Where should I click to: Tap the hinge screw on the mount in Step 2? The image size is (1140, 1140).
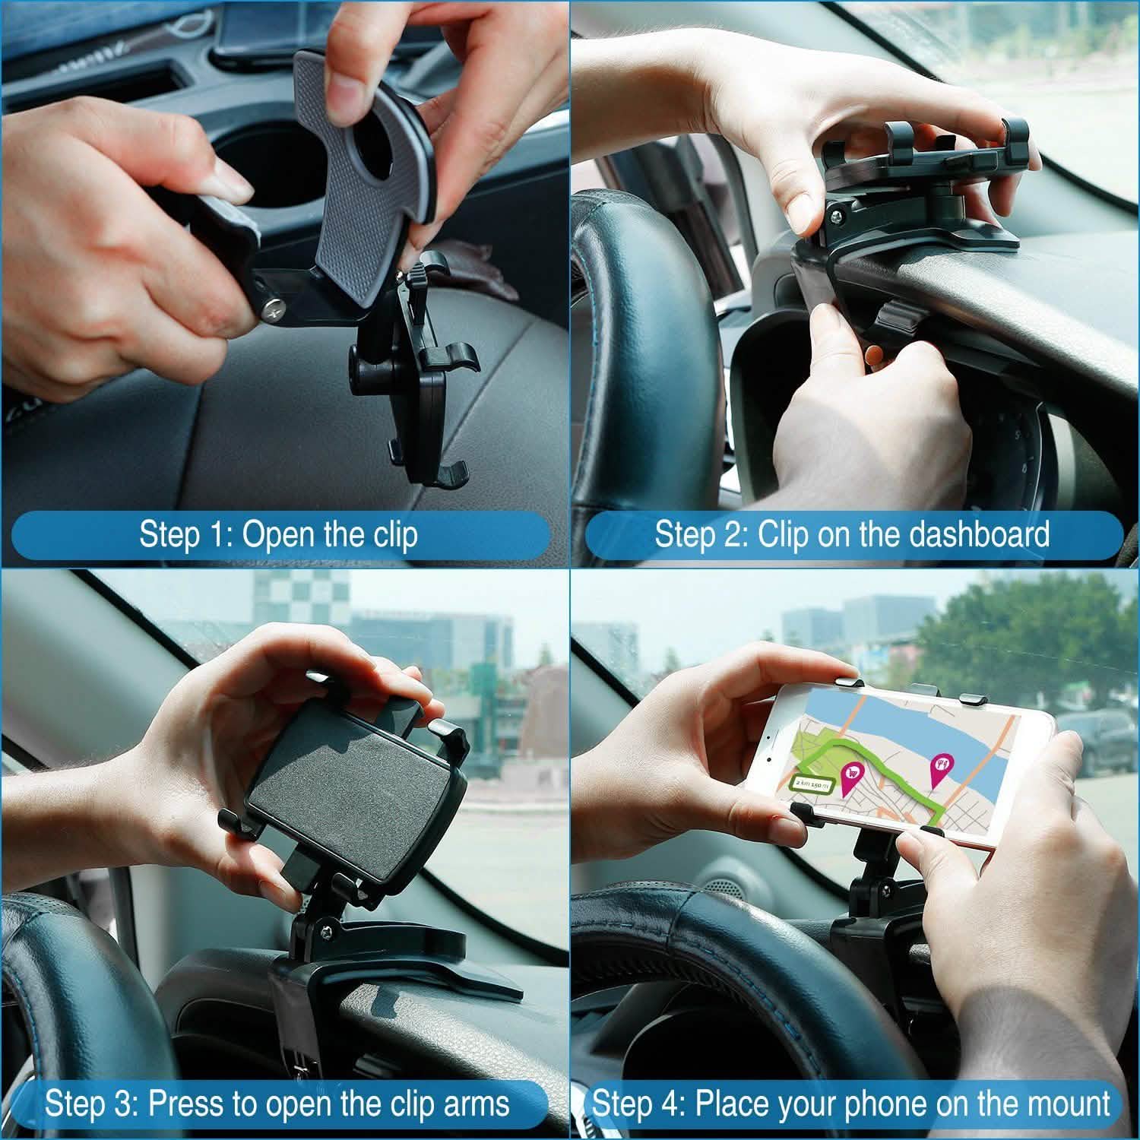pyautogui.click(x=835, y=218)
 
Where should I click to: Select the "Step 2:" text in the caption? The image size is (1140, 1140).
pyautogui.click(x=701, y=534)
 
